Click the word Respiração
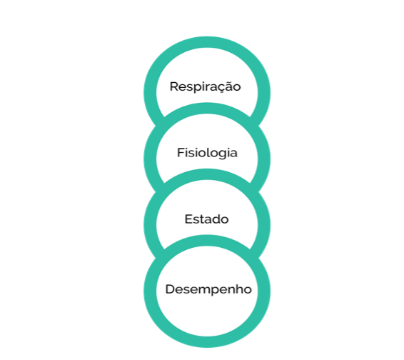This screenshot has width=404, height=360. point(205,87)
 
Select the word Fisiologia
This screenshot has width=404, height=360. point(207,153)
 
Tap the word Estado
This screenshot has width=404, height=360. point(206,219)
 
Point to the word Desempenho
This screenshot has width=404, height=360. point(208,289)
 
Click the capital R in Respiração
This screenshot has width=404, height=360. point(174,86)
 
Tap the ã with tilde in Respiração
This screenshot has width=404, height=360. point(228,86)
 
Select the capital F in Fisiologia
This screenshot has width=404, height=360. point(181,153)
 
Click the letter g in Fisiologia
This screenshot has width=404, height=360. point(223,155)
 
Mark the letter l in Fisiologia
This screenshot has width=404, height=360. point(207,152)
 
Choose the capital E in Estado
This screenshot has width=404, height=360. point(188,219)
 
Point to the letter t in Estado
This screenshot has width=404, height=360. point(201,219)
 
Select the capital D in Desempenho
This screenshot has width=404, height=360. point(170,289)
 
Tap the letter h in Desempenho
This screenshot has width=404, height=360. point(240,289)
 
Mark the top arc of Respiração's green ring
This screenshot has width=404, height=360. point(207,42)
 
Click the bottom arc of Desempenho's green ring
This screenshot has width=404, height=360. point(207,342)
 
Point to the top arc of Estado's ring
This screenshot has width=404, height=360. point(207,174)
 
